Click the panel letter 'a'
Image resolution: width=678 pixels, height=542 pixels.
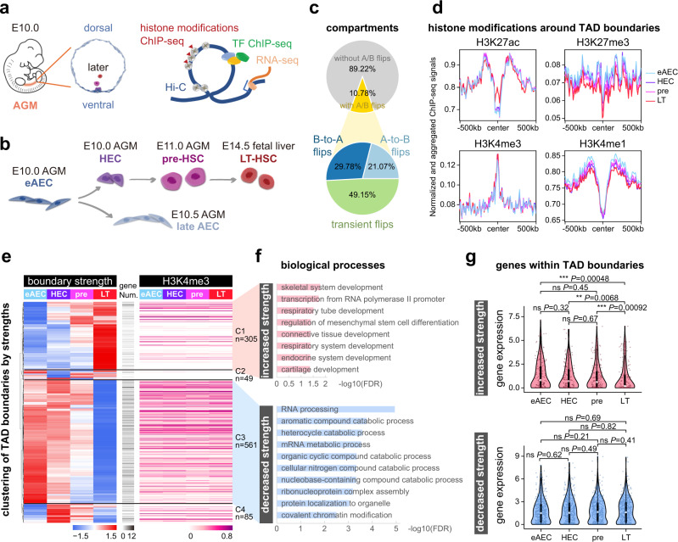click(7, 8)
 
